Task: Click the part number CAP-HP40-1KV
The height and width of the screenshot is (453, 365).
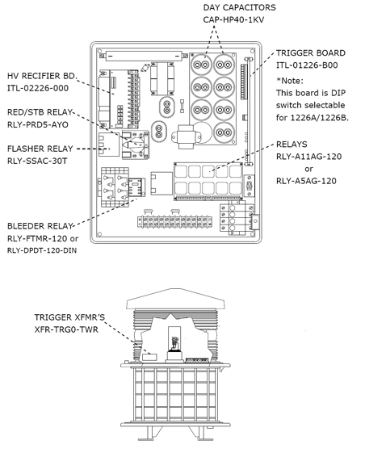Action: click(233, 19)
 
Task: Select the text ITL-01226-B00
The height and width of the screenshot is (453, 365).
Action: click(307, 65)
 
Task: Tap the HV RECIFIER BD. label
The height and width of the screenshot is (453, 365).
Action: click(42, 76)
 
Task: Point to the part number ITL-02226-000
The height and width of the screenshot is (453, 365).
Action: click(38, 88)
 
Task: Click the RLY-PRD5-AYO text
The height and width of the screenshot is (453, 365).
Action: click(38, 125)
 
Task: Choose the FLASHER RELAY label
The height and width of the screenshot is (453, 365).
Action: click(40, 149)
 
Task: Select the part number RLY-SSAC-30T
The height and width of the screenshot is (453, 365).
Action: click(37, 161)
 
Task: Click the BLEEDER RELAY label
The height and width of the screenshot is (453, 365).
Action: click(40, 226)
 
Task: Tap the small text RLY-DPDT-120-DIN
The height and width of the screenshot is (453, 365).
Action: click(42, 250)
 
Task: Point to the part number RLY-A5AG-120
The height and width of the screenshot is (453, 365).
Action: click(306, 181)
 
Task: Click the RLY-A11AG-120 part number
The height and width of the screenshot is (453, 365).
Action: click(309, 157)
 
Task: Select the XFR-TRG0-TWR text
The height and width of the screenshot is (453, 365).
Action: click(66, 329)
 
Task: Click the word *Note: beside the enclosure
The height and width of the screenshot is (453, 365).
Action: click(290, 81)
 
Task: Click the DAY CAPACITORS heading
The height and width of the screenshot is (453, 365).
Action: click(239, 7)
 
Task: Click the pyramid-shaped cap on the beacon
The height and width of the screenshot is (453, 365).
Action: click(175, 299)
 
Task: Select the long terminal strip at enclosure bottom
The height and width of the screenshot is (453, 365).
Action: click(174, 221)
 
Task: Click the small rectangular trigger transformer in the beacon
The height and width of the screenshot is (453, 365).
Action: click(149, 357)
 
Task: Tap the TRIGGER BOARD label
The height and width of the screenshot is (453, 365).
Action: click(311, 53)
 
